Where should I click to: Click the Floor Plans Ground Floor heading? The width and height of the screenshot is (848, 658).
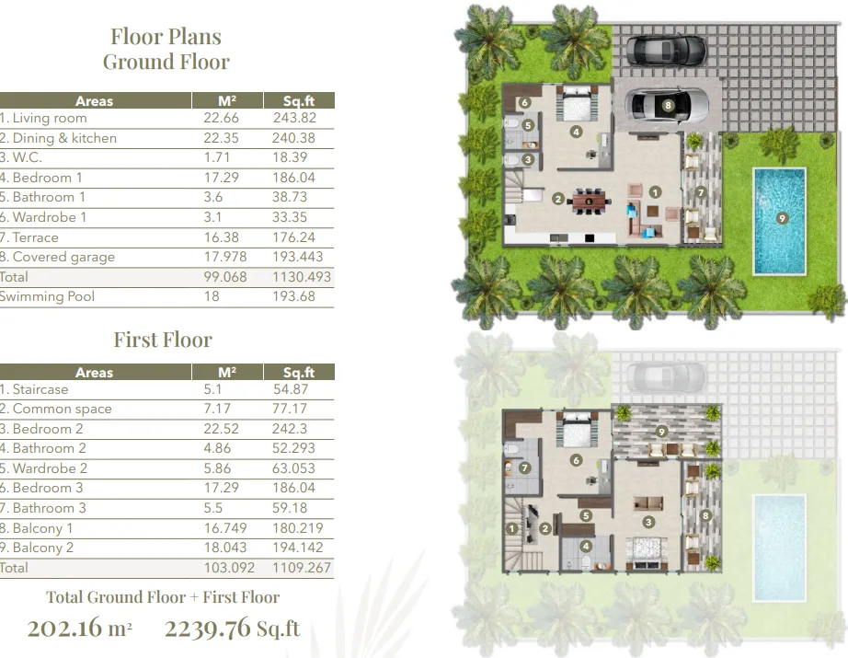click(166, 50)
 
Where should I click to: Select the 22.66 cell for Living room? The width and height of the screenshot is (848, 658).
click(221, 118)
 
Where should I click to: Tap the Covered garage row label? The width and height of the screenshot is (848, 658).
click(57, 257)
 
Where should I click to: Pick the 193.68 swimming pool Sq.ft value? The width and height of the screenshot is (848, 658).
click(293, 296)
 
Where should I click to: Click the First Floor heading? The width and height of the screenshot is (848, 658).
click(163, 340)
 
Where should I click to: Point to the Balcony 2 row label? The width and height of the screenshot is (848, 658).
click(37, 548)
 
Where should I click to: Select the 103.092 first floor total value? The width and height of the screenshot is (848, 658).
click(229, 568)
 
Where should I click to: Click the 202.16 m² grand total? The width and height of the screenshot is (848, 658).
click(79, 629)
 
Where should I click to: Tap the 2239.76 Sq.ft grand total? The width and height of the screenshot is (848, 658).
click(232, 629)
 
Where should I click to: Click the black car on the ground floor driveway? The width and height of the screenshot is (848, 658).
click(666, 50)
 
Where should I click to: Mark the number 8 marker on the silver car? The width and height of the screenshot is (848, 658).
click(668, 106)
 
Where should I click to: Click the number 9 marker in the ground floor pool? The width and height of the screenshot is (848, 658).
click(782, 218)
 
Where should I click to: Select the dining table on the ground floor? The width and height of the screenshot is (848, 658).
click(589, 202)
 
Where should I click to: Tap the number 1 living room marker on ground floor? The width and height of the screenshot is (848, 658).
click(655, 192)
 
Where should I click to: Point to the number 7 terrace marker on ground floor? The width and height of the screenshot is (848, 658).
click(701, 192)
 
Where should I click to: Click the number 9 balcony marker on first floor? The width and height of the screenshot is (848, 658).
click(661, 432)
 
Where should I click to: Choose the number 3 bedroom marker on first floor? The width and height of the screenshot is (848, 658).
click(648, 522)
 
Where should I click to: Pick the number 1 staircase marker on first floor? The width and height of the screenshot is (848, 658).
click(511, 528)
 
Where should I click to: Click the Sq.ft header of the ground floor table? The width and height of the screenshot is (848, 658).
click(299, 100)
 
